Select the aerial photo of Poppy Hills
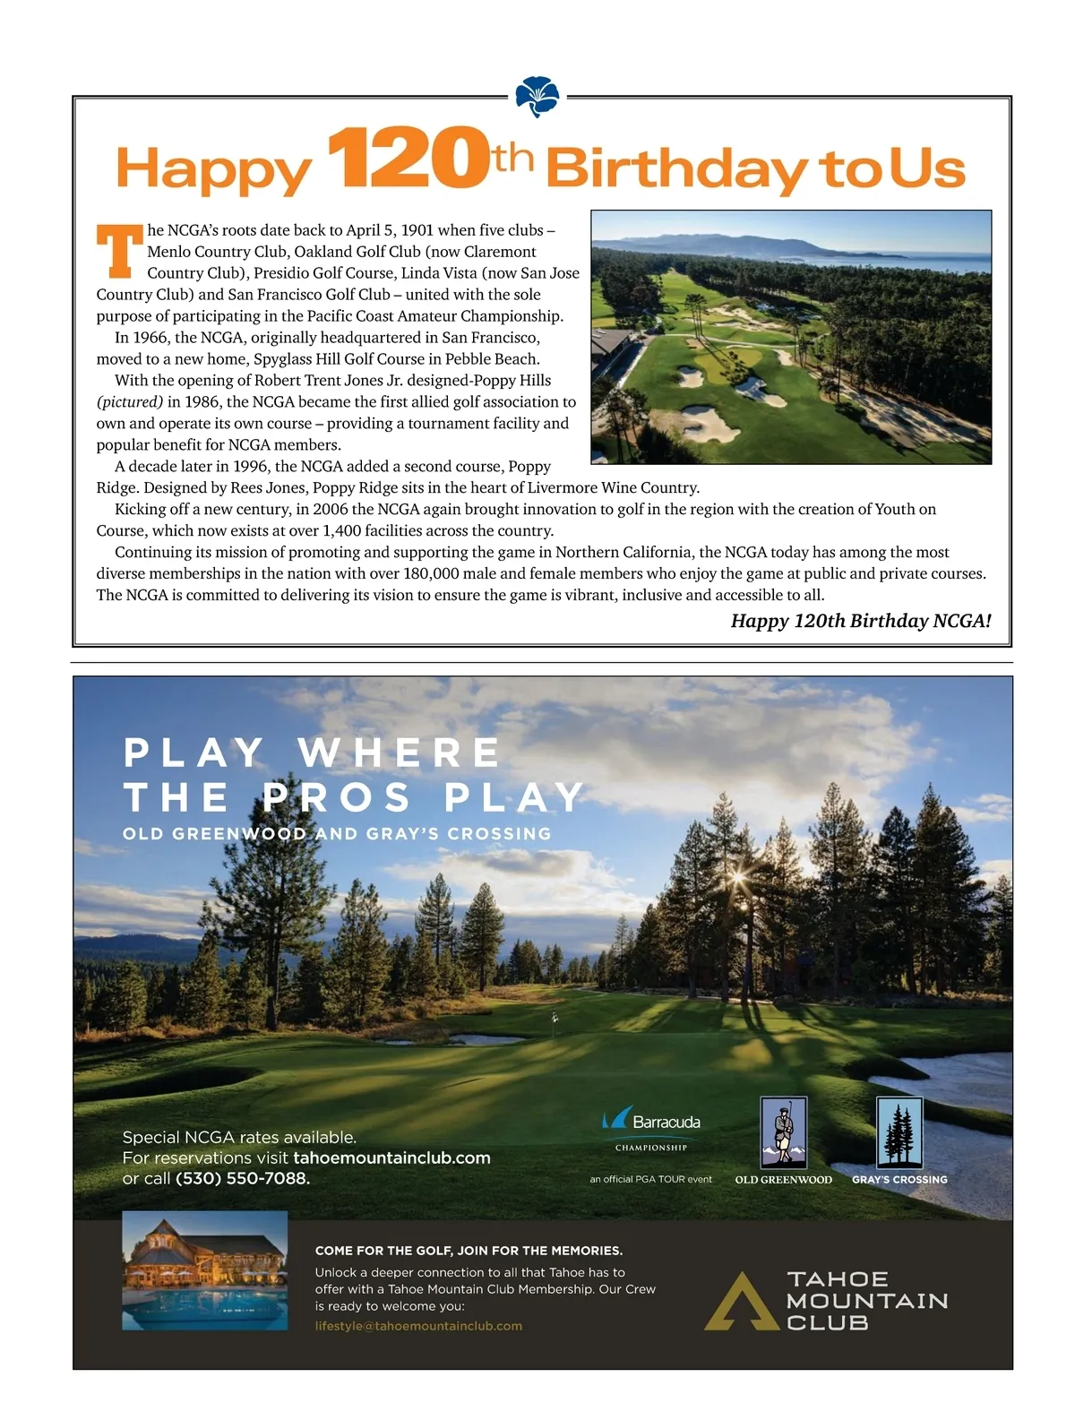point(791,337)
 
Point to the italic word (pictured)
point(130,402)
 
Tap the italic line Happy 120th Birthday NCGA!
point(861,621)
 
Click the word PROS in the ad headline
point(338,797)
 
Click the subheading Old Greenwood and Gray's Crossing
point(337,834)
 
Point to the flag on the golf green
point(555,1018)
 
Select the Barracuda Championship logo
point(651,1129)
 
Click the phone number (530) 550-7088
point(243,1179)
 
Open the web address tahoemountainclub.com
point(391,1158)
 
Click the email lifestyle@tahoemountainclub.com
point(418,1326)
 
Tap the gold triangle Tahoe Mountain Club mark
point(741,1300)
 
